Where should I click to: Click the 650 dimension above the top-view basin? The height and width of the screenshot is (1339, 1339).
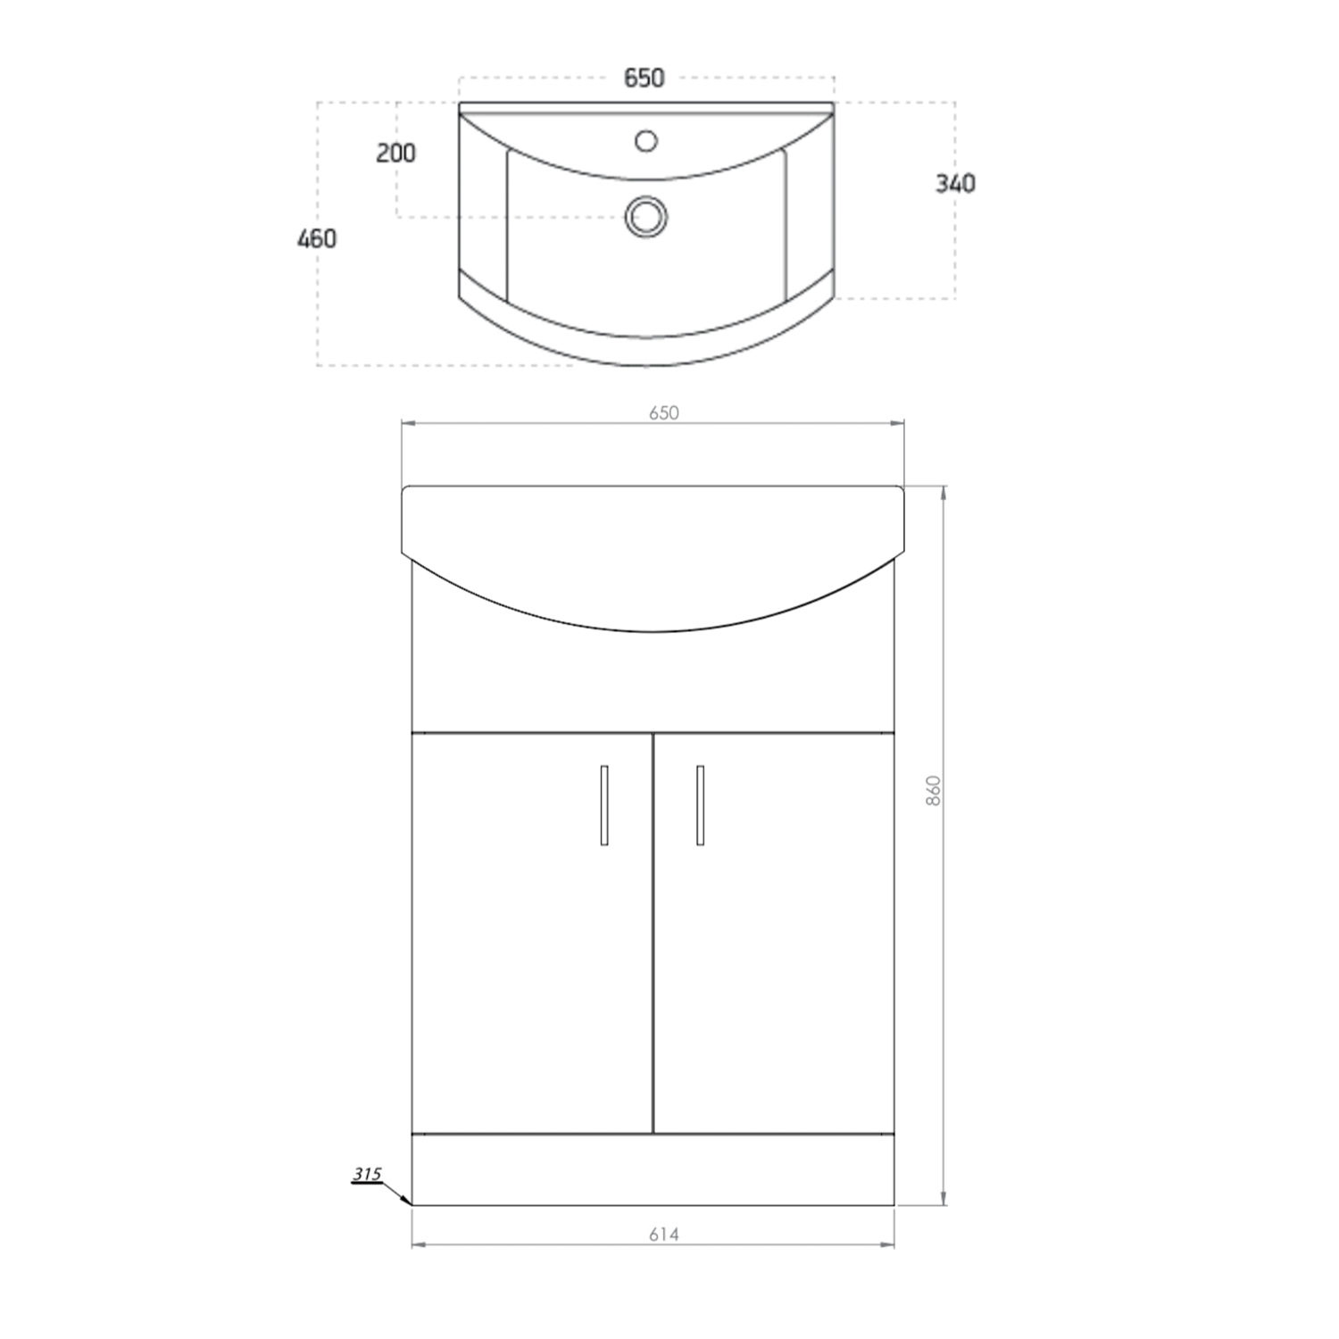point(644,79)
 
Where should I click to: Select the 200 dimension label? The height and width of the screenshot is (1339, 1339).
point(395,154)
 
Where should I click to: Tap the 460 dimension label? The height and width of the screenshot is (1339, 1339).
point(317,239)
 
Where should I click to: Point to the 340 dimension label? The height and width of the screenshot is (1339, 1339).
point(955,184)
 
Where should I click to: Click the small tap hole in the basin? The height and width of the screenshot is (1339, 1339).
point(645,141)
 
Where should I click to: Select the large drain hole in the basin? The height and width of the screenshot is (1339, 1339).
point(646,216)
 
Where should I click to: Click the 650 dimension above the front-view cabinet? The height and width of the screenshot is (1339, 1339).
point(663,412)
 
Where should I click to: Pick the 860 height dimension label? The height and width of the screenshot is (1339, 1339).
point(934,791)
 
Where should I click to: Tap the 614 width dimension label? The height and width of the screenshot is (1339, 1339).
point(663,1235)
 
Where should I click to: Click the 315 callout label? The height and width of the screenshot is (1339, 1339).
point(366,1175)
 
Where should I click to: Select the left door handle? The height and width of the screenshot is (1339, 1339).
point(604,804)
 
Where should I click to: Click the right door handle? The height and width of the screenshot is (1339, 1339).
point(700,804)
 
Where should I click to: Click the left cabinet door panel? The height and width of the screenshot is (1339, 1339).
point(531,964)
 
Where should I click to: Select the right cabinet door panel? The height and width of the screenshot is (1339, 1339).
point(774,964)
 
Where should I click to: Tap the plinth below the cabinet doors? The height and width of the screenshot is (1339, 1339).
point(653,1169)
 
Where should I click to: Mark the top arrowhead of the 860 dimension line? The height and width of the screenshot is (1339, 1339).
point(944,491)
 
